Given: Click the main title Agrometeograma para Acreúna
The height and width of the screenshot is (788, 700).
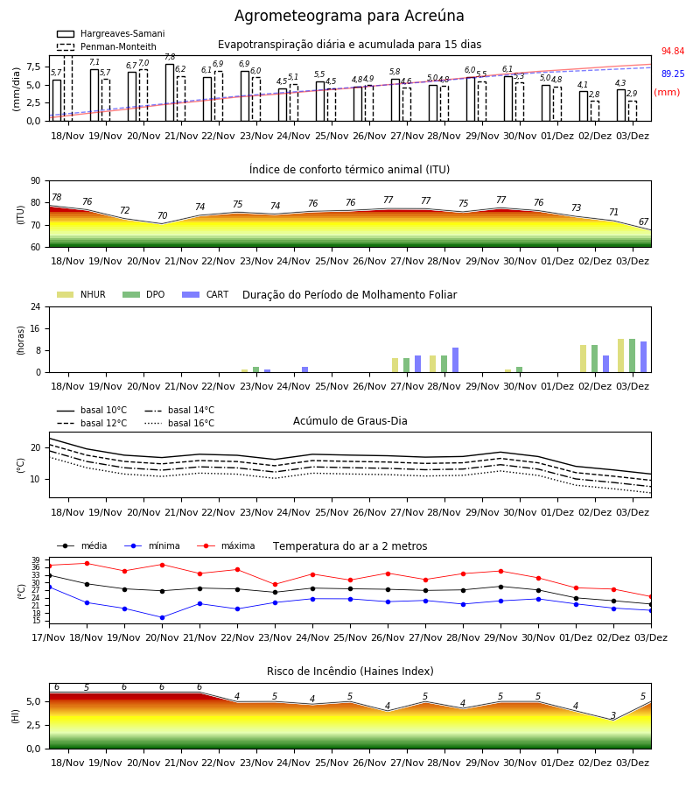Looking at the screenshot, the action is (349, 16).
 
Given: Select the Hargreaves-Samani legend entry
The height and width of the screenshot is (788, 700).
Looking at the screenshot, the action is (110, 33).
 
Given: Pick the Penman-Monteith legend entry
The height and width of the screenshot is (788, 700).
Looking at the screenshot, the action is (107, 46).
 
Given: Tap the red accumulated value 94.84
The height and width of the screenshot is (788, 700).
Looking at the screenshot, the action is (673, 52).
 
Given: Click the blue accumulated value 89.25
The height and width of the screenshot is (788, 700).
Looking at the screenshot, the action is (673, 74).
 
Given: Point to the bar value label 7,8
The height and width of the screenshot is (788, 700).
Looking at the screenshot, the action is (170, 57).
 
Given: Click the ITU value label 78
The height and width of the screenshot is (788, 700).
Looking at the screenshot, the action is (57, 198).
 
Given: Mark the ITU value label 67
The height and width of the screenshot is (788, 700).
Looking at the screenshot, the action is (644, 222).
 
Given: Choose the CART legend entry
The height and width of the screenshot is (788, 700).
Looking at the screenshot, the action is (206, 294).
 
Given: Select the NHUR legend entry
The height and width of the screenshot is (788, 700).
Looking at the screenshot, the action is (81, 294).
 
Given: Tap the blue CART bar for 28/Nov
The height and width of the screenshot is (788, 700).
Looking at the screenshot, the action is (456, 360).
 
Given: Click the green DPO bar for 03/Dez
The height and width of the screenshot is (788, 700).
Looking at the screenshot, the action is (633, 355).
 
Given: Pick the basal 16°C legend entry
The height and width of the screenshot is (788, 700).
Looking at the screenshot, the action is (179, 423).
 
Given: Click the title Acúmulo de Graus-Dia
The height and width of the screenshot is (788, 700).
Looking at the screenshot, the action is (350, 421).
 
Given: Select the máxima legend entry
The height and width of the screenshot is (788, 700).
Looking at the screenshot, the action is (226, 545).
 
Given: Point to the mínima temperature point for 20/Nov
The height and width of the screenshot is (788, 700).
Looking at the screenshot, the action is (162, 617).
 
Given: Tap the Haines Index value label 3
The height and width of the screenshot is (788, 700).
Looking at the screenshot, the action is (613, 715).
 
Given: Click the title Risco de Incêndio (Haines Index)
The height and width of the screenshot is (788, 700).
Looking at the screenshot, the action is (350, 672).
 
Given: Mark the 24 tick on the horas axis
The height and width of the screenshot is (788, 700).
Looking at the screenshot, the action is (36, 307).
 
